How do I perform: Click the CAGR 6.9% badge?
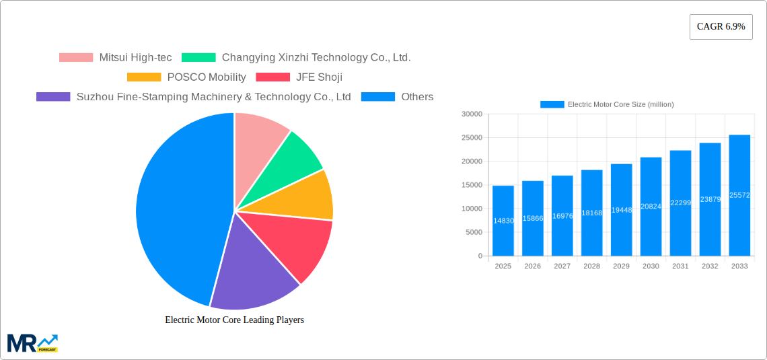pos(721,27)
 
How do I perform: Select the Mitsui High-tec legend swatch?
pos(76,58)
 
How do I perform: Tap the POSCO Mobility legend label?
pos(207,77)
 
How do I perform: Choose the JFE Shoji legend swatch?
pos(273,77)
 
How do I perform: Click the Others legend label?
pos(417,97)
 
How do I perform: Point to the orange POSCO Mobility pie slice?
pos(306,196)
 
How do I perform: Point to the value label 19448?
pos(621,210)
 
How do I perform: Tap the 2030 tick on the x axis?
pos(651,266)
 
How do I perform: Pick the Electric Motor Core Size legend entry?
pos(607,104)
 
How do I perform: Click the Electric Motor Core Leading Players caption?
pos(234,320)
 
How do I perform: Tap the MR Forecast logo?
pos(32,343)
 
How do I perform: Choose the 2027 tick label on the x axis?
pos(562,266)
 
